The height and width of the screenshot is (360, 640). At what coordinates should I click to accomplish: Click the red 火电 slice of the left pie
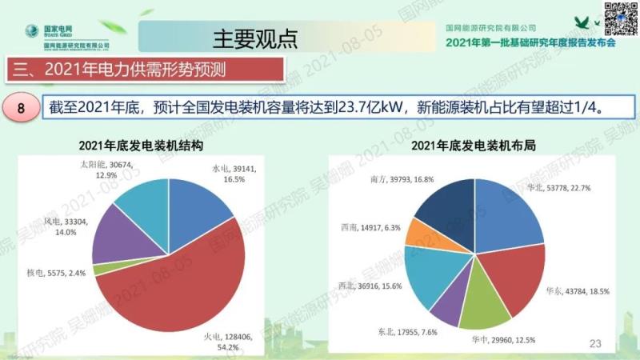[184, 288]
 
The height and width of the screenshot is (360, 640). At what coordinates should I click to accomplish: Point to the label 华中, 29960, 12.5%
[503, 339]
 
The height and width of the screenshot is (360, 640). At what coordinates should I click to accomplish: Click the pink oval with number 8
[23, 106]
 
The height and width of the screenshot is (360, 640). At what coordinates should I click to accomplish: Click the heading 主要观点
[255, 37]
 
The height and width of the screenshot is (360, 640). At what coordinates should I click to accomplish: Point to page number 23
[594, 344]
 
